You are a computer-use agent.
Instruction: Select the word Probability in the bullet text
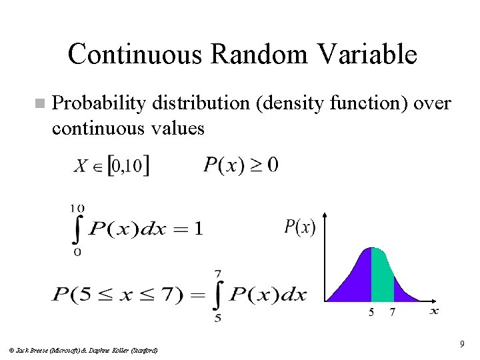[x=99, y=104]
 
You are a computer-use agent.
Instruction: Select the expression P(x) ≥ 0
[x=241, y=164]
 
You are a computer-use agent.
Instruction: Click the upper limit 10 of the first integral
[x=77, y=209]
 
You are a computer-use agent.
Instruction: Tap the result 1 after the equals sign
[x=197, y=229]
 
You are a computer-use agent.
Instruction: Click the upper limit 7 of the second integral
[x=217, y=274]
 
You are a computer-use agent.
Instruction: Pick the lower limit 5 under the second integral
[x=217, y=318]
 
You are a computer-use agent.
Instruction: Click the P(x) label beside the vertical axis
[x=300, y=227]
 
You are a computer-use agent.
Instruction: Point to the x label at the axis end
[x=434, y=310]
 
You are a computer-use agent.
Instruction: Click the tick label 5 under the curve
[x=371, y=313]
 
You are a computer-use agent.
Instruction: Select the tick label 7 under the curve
[x=393, y=313]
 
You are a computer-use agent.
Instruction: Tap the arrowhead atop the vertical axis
[x=324, y=217]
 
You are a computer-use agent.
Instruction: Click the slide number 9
[x=461, y=344]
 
